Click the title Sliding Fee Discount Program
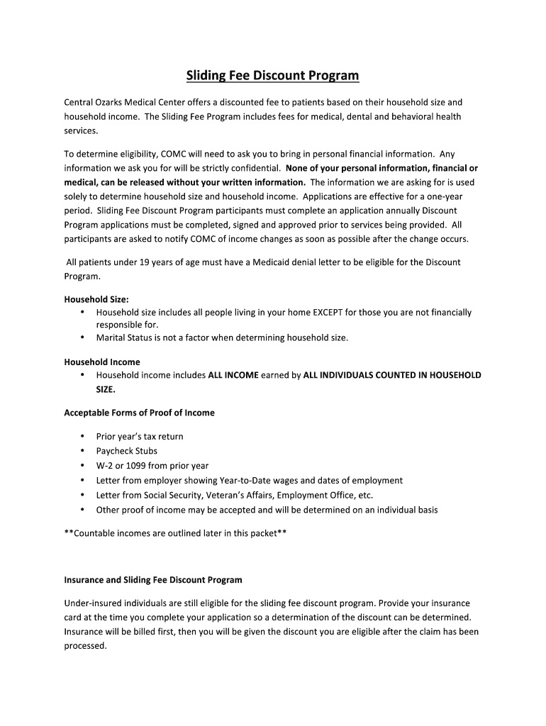272,75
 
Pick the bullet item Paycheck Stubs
127,451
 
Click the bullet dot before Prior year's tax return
82,436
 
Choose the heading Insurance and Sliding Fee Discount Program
153,580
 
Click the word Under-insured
94,603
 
